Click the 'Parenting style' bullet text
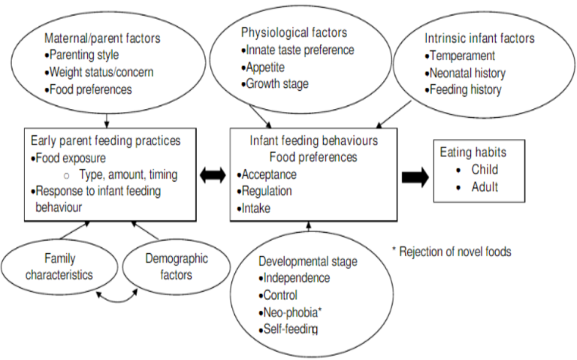click(83, 54)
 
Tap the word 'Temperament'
click(461, 56)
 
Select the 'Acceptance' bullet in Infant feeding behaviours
click(269, 174)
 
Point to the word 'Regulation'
click(268, 191)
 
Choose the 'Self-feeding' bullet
click(290, 329)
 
